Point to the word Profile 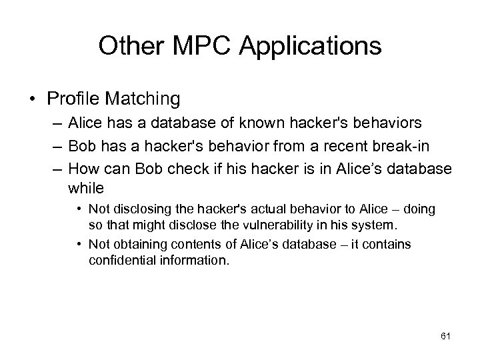(73, 99)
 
